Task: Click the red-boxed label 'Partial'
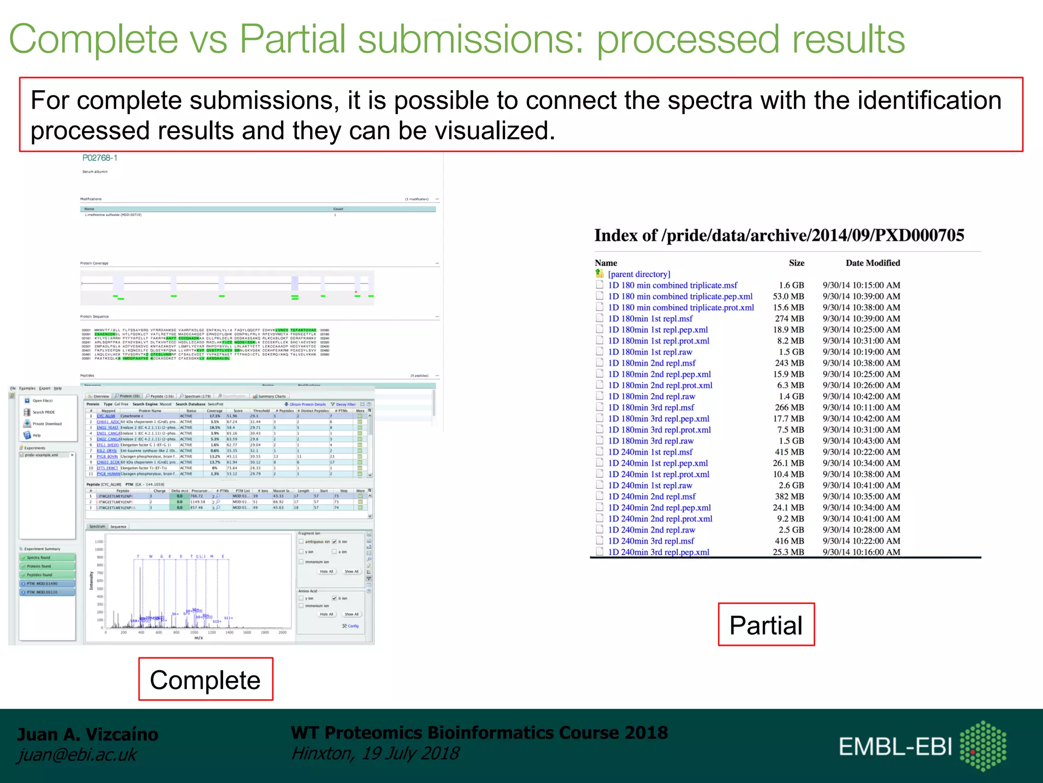pos(765,625)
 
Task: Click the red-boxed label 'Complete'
pos(205,680)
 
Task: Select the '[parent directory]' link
pos(639,274)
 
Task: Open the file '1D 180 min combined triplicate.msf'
pos(672,285)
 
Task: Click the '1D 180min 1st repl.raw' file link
pos(650,352)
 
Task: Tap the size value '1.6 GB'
pos(791,285)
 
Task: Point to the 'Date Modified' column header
pos(872,263)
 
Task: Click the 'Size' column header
pos(797,263)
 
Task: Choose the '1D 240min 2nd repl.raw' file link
pos(651,530)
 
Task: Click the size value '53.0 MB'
pos(788,297)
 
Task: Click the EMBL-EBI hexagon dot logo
pos(983,746)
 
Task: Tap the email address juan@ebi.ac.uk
pos(77,755)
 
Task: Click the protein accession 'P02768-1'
pos(100,158)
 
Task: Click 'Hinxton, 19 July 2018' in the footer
pos(375,753)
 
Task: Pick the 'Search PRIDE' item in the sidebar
pos(43,412)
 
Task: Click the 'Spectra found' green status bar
pos(47,558)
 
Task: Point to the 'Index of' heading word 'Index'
pos(616,236)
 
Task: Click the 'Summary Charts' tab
pos(271,397)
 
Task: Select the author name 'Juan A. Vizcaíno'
pos(88,734)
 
